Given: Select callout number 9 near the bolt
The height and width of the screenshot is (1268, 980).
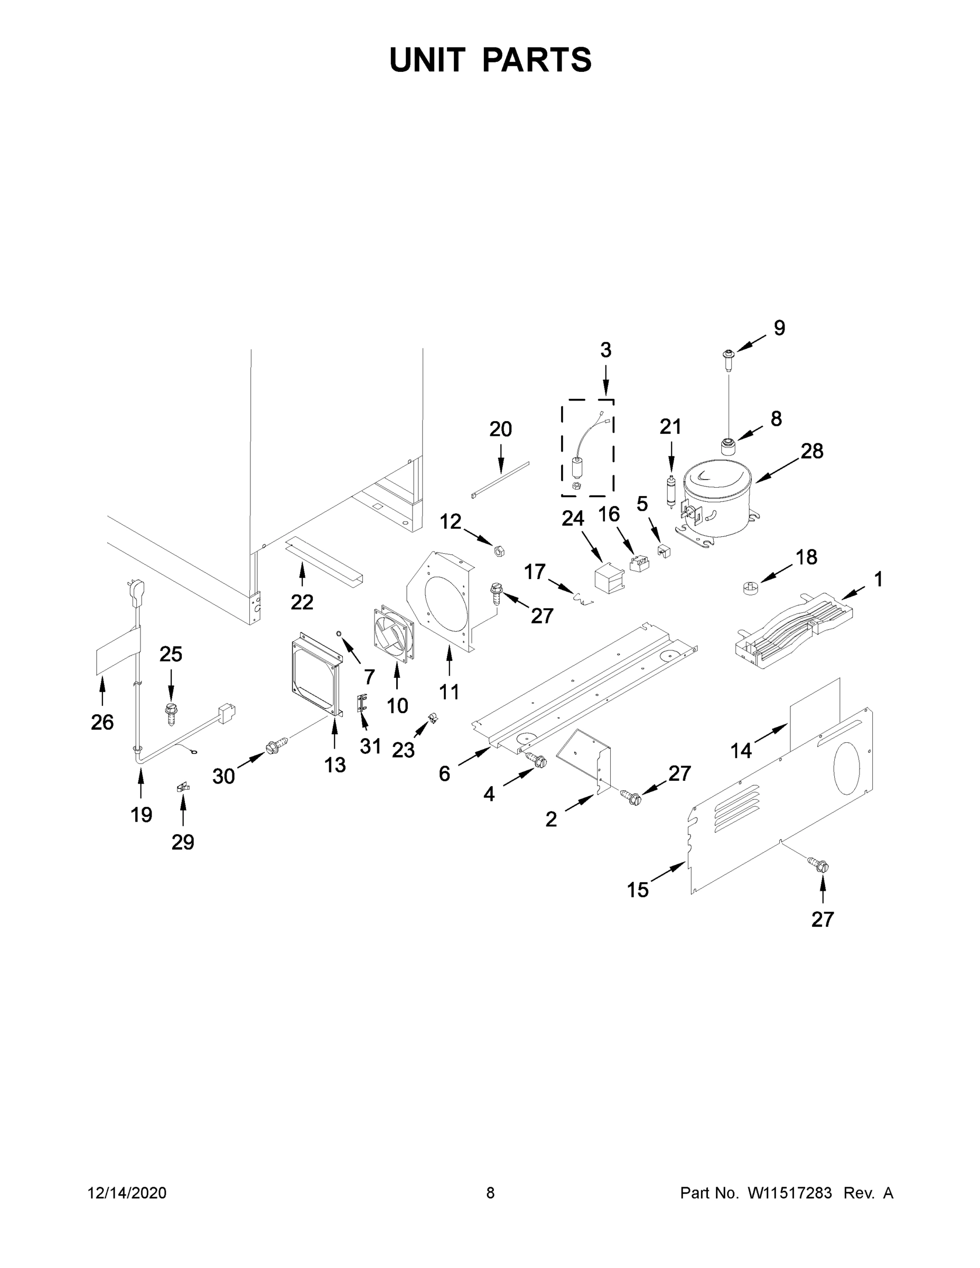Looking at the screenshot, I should (x=779, y=328).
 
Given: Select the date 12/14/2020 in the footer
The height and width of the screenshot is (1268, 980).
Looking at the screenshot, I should (x=127, y=1192).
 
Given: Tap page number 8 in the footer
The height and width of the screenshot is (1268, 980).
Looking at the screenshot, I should (x=490, y=1192).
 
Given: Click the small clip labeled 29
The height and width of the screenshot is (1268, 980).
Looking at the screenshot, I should (x=182, y=788).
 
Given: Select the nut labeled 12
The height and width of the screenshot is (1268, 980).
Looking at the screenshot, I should (x=498, y=549).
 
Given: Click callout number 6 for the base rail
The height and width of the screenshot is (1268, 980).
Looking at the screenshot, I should (x=444, y=773).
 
